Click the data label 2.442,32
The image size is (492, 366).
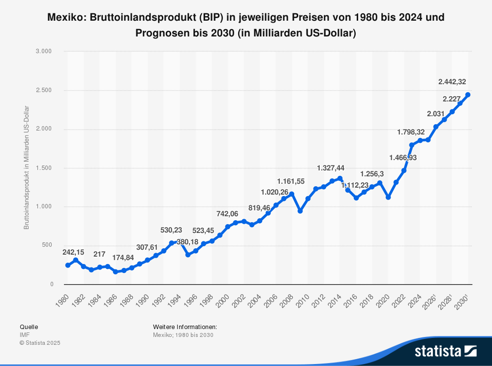(x=455, y=82)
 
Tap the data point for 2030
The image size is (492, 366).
(x=468, y=95)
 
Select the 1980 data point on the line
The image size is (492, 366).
(x=68, y=265)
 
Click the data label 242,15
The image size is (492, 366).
(x=73, y=252)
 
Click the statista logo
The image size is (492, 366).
(x=446, y=351)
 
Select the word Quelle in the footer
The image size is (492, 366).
(x=29, y=327)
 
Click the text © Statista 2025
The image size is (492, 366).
(x=40, y=343)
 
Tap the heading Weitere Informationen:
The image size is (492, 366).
(x=185, y=327)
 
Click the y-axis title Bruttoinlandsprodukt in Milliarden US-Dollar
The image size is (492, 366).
(x=27, y=167)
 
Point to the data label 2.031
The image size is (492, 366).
(x=436, y=114)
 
